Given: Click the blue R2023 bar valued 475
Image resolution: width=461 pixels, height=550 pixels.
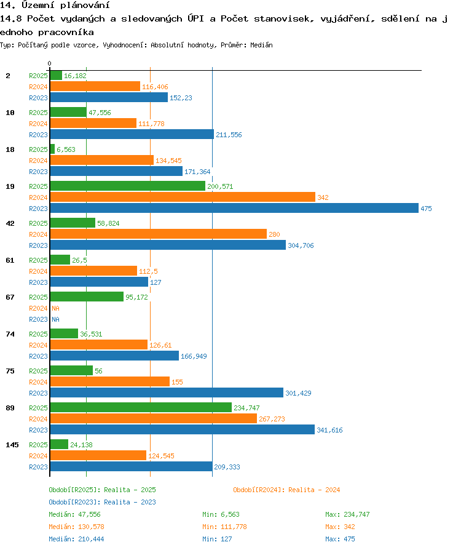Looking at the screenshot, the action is click(234, 208).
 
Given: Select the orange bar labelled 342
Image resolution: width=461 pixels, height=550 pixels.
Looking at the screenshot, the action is click(183, 197).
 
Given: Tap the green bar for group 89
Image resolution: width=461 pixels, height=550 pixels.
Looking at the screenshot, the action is click(141, 407).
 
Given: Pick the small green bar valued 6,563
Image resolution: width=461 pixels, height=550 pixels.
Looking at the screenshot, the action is click(53, 149).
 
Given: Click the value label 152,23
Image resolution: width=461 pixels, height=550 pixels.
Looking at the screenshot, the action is click(181, 98).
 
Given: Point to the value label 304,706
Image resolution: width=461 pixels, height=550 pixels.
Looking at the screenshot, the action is click(301, 245).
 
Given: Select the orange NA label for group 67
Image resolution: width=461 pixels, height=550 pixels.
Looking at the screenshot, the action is click(55, 308).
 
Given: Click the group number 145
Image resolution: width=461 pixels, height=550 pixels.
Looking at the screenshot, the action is click(12, 445).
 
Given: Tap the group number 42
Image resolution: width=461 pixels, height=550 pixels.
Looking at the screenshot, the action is click(10, 223).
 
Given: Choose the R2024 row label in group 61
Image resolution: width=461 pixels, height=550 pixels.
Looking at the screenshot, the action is click(38, 271).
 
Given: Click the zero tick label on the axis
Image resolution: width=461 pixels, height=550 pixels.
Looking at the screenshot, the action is click(49, 63).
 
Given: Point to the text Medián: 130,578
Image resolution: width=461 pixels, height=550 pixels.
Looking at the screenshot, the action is click(76, 527).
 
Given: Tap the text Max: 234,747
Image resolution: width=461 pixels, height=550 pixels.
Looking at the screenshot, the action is click(347, 514).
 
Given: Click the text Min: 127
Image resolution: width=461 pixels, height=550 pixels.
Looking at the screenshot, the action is click(217, 539).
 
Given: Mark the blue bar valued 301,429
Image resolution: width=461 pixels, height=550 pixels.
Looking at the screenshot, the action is click(167, 393).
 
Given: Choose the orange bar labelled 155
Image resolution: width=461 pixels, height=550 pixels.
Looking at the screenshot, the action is click(110, 381).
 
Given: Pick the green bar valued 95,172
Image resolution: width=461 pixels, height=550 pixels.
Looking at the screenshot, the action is click(87, 297).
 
